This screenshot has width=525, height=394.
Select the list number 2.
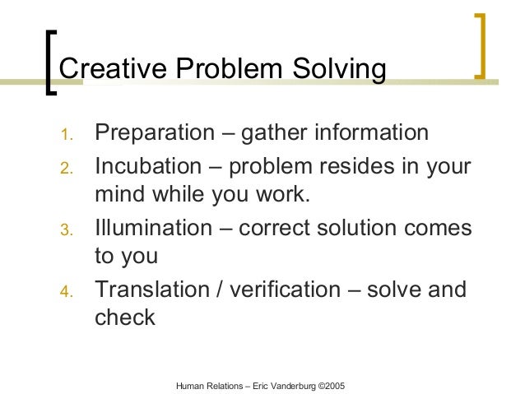67,169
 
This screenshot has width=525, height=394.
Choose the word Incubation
150,167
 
